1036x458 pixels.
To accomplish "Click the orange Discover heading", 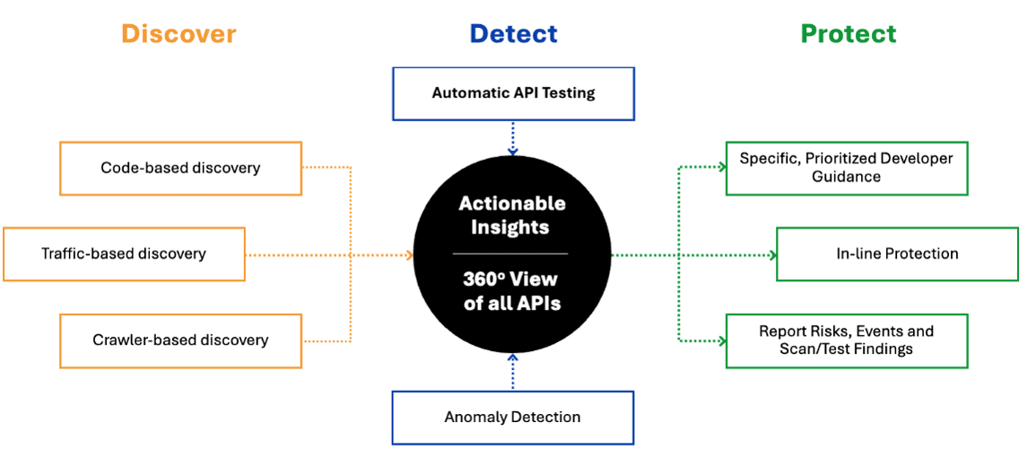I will [178, 34].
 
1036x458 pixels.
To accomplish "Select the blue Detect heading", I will [513, 34].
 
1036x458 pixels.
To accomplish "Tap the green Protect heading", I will [848, 34].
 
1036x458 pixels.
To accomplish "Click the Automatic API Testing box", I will [513, 92].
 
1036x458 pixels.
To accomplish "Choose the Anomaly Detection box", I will [513, 418].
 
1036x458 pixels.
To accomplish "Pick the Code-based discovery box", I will [180, 168].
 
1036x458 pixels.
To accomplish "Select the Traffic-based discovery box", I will [124, 254].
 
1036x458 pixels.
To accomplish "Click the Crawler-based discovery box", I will [180, 340].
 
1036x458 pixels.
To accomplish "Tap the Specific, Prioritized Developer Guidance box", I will [846, 168].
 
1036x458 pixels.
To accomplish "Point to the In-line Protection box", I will [897, 254].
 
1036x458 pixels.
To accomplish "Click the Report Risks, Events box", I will [846, 340].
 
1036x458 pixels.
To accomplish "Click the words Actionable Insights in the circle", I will [512, 216].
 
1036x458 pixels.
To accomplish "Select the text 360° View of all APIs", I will [512, 291].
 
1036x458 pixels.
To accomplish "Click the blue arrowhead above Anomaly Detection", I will [513, 357].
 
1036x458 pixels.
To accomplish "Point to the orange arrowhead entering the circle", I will [409, 255].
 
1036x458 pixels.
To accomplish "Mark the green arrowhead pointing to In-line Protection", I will [771, 255].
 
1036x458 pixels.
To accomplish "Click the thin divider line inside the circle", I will [512, 253].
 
